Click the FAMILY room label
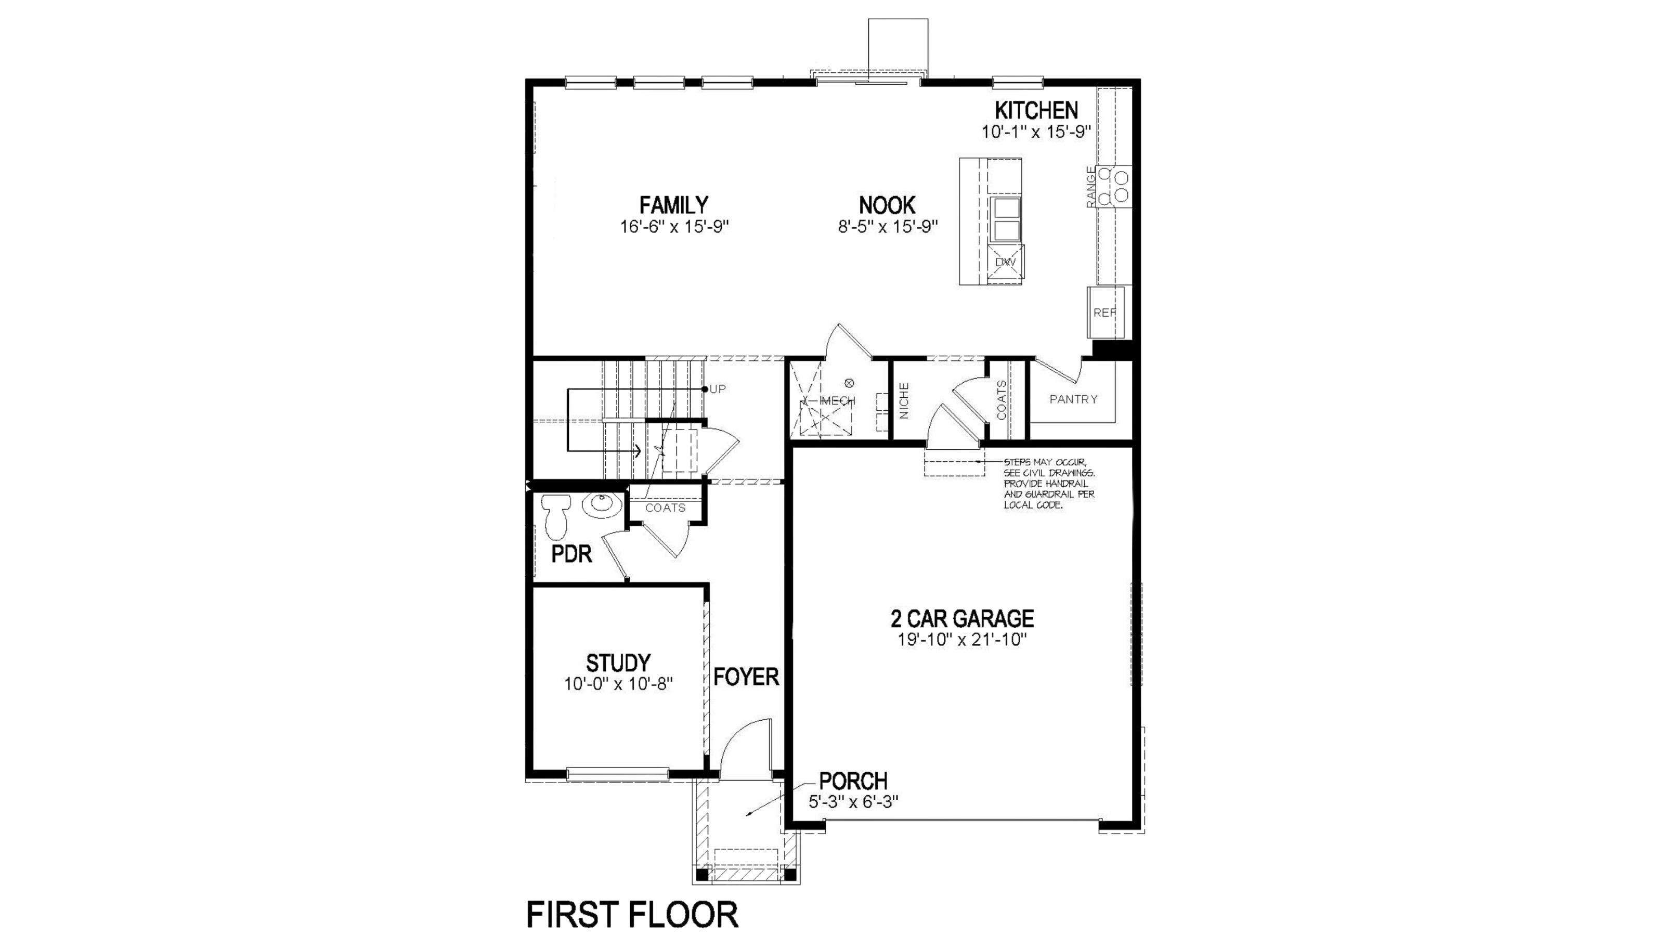[674, 205]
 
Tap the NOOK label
[887, 205]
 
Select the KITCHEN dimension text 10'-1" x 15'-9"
[1036, 132]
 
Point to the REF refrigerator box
[1104, 313]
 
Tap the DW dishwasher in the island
[1005, 262]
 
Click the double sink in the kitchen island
[1006, 219]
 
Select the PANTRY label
[1073, 399]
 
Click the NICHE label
[904, 400]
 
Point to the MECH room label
[837, 401]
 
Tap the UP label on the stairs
[718, 389]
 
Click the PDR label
[571, 554]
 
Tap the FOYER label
[746, 677]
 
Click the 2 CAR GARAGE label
[962, 619]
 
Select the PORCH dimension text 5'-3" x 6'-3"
[853, 802]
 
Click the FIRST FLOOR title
[632, 915]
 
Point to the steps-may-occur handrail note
[1049, 484]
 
